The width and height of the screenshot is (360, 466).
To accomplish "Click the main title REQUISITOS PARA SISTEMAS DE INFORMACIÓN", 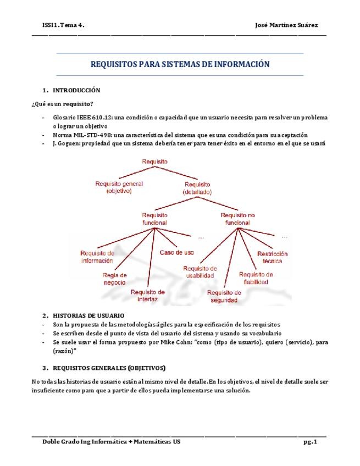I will pos(180,64).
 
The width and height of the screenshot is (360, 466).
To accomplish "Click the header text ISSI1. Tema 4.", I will pos(63,25).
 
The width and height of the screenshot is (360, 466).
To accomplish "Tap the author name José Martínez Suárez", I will pos(286,25).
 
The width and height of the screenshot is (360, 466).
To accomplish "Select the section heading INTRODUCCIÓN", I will pos(76,90).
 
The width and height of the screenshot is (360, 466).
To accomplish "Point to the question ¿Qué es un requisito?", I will pos(62,104).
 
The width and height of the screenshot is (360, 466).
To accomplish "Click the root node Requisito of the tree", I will pos(154,162).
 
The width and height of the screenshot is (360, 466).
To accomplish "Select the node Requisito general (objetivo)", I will pos(119,187).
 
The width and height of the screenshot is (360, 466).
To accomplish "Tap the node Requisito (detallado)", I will pos(197,188).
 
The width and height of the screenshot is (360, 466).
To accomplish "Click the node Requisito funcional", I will pos(154,219).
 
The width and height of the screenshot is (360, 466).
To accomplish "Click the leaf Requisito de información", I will pos(97,257).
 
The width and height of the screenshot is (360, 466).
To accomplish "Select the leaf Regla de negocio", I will pos(114,278).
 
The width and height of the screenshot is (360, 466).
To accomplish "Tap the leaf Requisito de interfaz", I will pos(148,295).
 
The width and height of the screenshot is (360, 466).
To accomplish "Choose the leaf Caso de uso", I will pos(176,253).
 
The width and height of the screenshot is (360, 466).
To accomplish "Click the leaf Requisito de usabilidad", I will pos(200,271).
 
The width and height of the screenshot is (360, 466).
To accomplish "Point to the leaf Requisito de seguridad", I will pos(224,296).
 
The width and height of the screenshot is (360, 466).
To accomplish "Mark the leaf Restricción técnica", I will pos(273,257).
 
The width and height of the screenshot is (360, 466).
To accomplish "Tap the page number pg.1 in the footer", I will pos(310,442).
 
